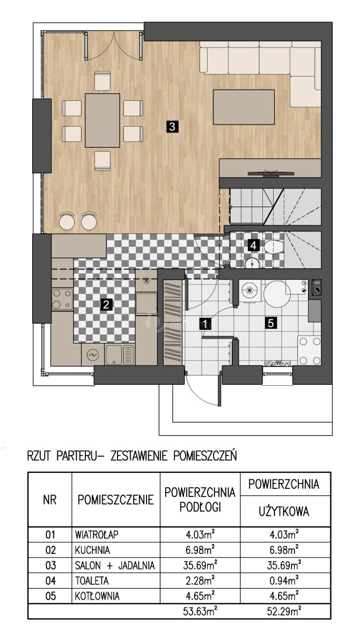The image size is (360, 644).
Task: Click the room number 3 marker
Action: pos(172,127)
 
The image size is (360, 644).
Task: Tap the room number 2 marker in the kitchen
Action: pos(106,304)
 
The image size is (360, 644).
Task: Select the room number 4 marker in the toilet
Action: pos(253,245)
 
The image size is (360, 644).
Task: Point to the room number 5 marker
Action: pos(270,323)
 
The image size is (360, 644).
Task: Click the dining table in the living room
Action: pos(102,120)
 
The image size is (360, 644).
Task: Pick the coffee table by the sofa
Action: pos(244,107)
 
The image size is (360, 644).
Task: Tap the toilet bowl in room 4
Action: pos(274,247)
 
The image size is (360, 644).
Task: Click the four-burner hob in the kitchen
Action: pos(62,299)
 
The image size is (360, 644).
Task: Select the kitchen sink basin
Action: pos(114,355)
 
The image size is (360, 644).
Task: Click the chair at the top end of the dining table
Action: pos(102,81)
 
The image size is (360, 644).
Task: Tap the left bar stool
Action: pos(67,221)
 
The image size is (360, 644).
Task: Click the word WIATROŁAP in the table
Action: pos(97,535)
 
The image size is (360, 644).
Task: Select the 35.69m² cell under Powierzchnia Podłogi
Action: pos(200,565)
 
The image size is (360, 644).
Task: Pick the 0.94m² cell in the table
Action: pos(284,581)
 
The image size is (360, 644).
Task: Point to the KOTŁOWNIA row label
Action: pos(97,596)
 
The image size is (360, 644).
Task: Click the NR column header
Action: pos(50,500)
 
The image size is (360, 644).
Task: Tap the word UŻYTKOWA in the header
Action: pos(284,511)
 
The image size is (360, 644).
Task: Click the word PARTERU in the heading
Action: pos(77,456)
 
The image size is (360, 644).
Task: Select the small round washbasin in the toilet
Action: pos(253,264)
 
